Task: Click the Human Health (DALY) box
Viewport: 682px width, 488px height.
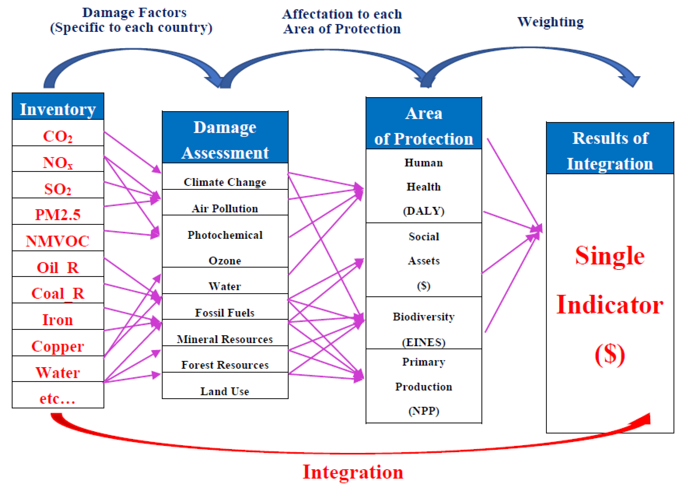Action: tap(424, 186)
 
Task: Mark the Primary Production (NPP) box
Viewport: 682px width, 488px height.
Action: tap(424, 386)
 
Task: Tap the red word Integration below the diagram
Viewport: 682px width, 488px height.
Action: tap(353, 472)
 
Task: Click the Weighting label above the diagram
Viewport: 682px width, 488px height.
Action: tap(551, 22)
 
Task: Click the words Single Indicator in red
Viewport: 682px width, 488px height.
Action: tap(610, 280)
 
